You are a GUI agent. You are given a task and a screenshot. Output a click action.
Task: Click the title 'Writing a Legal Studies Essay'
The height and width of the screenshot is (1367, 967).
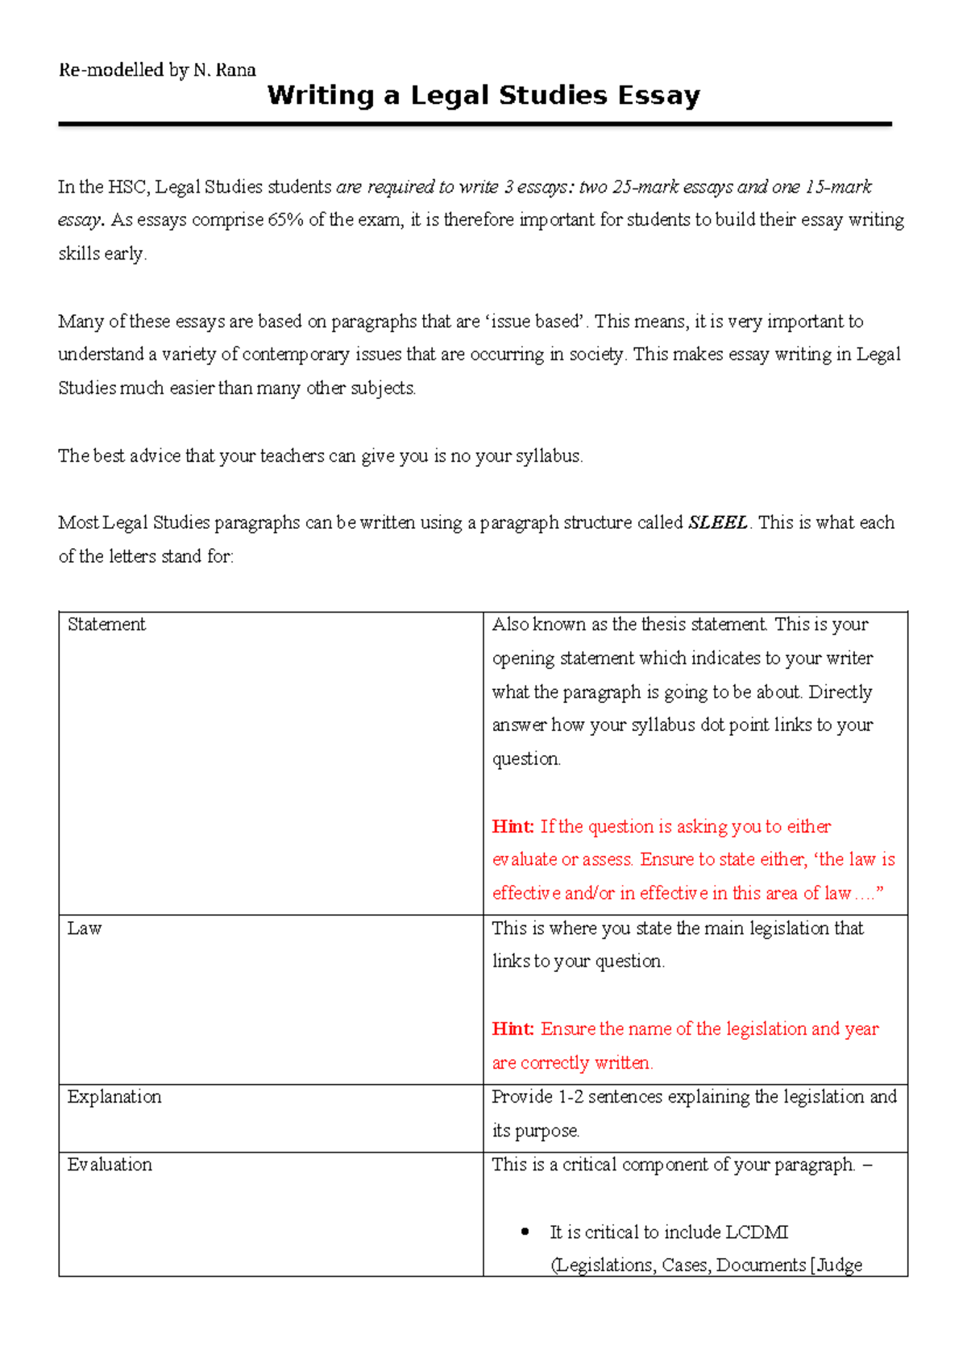483,96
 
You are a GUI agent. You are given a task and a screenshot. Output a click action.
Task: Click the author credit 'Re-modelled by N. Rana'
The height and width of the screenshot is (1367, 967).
157,70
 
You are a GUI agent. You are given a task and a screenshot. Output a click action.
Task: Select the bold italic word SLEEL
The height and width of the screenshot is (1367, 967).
718,522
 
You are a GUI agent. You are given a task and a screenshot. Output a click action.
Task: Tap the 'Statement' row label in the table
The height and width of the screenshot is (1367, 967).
106,625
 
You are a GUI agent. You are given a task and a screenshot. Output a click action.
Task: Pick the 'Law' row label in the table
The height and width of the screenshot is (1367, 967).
85,929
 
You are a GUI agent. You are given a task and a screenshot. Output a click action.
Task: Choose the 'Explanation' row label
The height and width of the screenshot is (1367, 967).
114,1097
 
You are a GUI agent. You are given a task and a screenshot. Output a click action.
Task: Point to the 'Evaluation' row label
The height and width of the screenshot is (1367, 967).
110,1165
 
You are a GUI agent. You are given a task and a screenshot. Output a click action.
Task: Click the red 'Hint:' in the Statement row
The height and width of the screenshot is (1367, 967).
513,827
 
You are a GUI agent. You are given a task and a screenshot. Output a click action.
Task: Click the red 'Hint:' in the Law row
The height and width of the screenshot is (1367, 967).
513,1029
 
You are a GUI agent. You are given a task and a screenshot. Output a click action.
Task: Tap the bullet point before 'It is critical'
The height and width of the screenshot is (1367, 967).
525,1232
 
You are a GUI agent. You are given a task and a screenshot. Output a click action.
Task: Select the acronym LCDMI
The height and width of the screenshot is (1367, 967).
757,1232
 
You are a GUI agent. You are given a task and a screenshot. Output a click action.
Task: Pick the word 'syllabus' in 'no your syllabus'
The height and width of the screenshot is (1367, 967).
549,456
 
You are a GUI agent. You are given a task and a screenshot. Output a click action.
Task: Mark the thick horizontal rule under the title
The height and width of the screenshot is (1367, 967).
475,124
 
